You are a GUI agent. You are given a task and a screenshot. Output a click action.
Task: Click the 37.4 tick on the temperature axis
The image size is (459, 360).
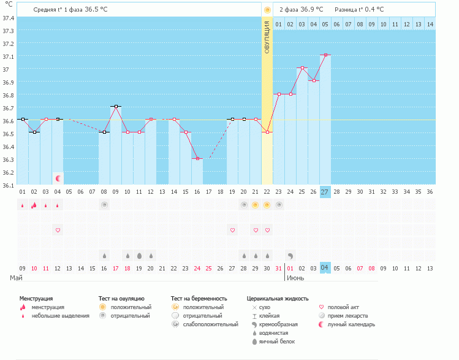coord(9,18)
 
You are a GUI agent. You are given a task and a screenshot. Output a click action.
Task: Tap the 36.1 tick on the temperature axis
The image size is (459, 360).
coord(9,185)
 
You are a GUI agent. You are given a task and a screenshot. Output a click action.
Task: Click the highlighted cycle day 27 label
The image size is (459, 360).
coord(325,191)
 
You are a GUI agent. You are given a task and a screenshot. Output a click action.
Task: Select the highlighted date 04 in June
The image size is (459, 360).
coord(325,268)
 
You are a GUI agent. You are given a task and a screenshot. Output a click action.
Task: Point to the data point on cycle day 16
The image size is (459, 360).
coord(197,158)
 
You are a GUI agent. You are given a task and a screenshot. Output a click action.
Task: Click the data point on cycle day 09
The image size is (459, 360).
coord(116,106)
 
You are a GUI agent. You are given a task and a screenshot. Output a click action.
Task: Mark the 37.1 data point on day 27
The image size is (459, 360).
coord(325,55)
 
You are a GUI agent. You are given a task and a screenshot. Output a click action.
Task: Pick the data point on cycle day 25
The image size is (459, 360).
coord(302,67)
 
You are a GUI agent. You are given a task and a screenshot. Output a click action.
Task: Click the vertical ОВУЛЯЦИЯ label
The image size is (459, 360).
coord(267,37)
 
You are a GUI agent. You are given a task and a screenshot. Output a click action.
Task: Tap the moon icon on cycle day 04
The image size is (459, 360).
coord(58,178)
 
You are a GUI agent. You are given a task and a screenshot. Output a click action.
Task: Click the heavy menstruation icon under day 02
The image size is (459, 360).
coord(34,205)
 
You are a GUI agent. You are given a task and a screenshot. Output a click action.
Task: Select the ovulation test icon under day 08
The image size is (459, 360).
coord(104,205)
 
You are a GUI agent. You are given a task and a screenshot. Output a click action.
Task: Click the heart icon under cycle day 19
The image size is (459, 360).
coord(232,230)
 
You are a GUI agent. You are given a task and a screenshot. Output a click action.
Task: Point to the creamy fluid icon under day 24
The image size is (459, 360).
coord(290,255)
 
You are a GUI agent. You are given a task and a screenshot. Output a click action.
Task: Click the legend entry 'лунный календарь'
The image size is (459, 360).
coord(351,324)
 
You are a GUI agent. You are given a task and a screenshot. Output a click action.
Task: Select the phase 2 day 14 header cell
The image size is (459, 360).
coord(430,24)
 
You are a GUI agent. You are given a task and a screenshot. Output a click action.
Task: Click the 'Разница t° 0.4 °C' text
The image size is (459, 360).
coord(359,10)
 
